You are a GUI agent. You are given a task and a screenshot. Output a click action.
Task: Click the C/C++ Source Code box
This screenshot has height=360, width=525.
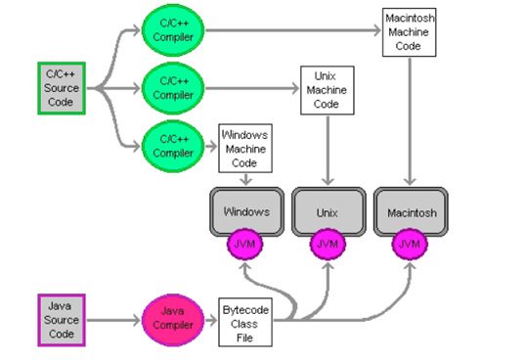62,88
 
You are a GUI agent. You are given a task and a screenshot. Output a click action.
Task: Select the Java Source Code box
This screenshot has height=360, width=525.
62,320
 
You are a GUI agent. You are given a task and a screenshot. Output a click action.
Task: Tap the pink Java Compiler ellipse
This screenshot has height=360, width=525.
173,320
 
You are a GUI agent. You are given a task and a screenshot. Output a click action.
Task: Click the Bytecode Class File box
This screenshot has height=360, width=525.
245,322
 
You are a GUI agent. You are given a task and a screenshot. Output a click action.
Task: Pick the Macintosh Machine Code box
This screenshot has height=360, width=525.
410,32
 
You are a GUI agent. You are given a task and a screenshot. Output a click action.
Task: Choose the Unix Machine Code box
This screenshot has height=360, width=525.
328,90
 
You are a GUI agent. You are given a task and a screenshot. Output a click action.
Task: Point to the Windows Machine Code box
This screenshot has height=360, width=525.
245,149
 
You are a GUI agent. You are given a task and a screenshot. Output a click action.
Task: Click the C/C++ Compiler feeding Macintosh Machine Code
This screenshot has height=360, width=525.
173,30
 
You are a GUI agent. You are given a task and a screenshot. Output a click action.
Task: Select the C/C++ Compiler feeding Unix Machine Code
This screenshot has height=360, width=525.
173,88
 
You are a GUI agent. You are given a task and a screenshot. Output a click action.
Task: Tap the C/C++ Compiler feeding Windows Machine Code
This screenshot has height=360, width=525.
173,147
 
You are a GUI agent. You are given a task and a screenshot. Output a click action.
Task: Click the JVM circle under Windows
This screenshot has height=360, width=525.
245,245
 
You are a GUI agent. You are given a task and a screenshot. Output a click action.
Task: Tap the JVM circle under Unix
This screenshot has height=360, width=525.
328,245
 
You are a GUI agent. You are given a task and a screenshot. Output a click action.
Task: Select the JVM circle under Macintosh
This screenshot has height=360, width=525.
410,245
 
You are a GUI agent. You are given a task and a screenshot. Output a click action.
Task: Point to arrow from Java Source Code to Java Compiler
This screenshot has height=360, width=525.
113,320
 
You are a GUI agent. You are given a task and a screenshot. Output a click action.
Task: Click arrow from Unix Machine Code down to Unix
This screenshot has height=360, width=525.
328,151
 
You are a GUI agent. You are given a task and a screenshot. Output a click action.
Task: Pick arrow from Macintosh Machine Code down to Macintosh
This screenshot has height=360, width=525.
410,121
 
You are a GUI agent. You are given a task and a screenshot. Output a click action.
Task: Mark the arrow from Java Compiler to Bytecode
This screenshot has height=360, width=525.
211,320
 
